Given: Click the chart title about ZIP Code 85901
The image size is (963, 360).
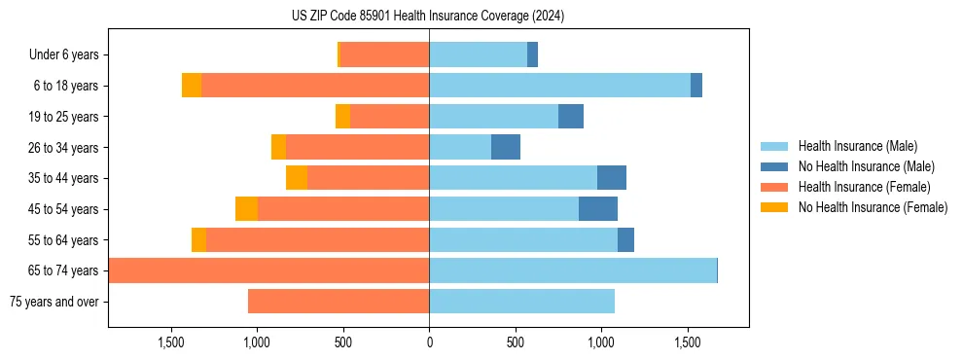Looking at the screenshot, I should coord(428,16).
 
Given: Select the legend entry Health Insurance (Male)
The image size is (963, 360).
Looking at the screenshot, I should coord(856,146).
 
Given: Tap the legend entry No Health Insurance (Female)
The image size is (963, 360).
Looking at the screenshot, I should coord(873,207).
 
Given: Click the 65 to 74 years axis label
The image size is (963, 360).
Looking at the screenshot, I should coord(65,270).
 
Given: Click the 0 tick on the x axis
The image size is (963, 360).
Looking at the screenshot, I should coord(429,342).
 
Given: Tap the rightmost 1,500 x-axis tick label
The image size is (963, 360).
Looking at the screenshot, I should coord(687,342).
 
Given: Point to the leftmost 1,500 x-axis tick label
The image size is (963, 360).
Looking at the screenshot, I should coord(171,342).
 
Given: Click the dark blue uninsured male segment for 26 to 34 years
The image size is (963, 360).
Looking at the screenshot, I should coord(506,147).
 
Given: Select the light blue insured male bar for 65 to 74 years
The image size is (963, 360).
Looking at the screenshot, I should coord(573,270).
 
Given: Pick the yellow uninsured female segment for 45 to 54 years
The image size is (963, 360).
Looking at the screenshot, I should coord(246,209).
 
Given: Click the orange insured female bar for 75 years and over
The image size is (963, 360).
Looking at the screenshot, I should coord(339,302).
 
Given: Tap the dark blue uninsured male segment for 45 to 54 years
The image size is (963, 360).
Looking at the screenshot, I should coord(598,209).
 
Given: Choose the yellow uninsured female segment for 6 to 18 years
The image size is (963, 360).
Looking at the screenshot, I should coord(192,86).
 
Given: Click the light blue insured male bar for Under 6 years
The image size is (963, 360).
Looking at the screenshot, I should coord(478,55).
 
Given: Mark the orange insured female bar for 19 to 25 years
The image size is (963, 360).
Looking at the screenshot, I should coord(389,117).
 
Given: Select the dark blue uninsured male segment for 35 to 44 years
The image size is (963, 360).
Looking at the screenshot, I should coord(612,178).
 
